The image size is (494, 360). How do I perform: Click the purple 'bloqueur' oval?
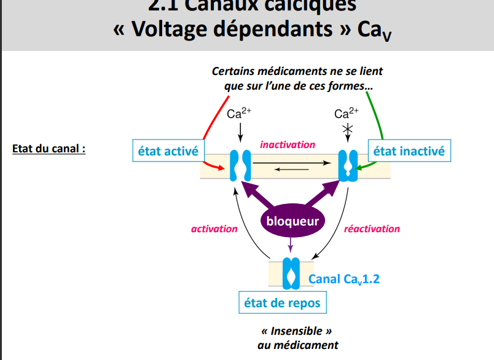pos(292,221)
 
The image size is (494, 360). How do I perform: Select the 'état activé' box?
pos(167,151)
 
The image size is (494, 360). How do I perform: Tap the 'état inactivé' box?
pos(409,151)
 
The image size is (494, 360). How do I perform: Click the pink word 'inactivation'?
pos(288,144)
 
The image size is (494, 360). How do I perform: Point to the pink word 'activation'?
pos(214,229)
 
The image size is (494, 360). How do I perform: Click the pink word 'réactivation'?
pos(372,229)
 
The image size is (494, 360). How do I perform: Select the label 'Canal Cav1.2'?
pos(344,279)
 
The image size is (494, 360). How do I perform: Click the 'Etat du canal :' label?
pos(49,149)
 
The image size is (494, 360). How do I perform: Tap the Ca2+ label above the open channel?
pos(239,113)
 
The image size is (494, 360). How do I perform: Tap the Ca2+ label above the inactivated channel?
pos(347,113)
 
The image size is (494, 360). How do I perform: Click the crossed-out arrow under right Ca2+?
pos(348,130)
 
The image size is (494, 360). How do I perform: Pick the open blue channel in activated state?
pos(240,165)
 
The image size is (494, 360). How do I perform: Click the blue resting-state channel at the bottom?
pos(290,273)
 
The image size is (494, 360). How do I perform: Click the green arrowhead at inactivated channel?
pos(363,166)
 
